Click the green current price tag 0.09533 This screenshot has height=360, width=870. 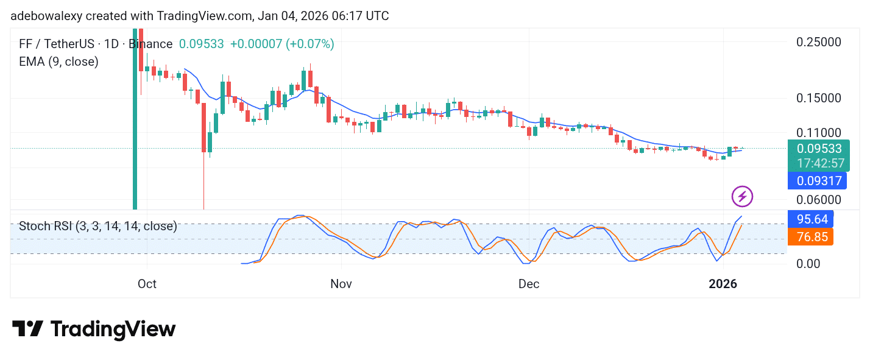(818, 149)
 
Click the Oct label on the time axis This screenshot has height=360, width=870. (147, 284)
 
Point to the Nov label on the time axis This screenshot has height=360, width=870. (342, 284)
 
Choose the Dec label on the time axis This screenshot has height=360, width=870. (529, 284)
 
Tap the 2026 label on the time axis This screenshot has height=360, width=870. (723, 284)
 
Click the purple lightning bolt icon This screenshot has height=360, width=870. (742, 196)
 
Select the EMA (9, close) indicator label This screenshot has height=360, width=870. (58, 62)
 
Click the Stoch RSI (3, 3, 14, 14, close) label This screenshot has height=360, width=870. (98, 227)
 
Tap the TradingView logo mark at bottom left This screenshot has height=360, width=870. (27, 329)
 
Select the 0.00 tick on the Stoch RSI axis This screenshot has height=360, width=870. (809, 264)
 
